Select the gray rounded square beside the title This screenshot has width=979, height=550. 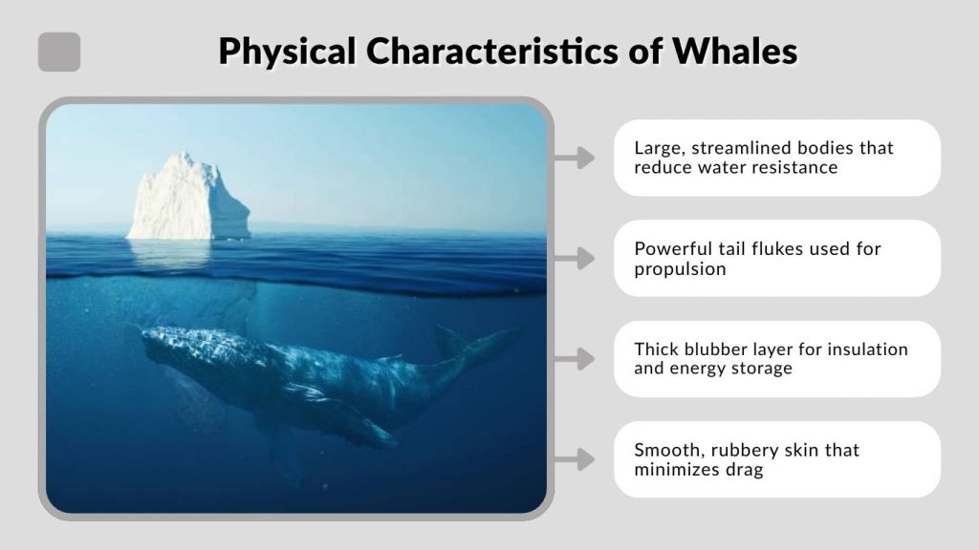click(x=59, y=52)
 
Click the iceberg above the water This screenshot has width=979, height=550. click(x=188, y=198)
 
